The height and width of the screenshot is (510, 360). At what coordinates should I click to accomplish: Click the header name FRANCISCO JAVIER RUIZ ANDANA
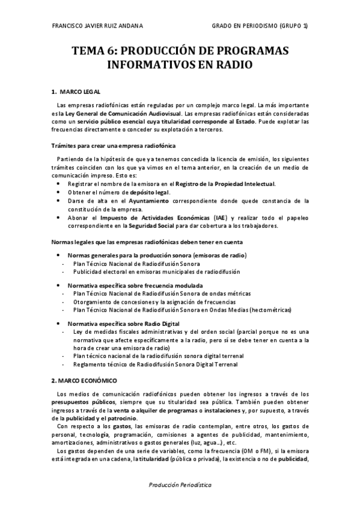point(98,26)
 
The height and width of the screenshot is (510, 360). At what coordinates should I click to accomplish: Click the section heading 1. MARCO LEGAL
point(76,91)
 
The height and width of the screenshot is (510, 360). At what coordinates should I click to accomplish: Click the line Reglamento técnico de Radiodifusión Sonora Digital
point(155,364)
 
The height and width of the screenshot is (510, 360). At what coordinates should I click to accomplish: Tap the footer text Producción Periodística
point(180,484)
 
